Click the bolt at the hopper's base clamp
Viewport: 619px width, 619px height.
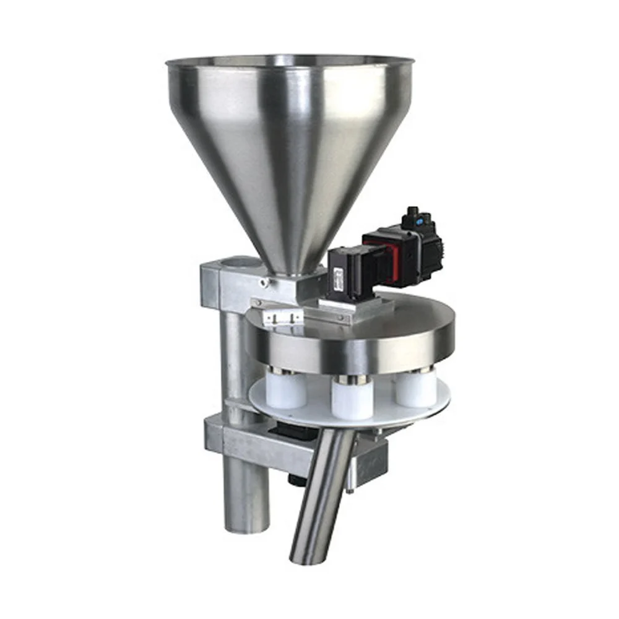pos(264,284)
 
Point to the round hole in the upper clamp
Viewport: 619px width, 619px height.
pos(239,264)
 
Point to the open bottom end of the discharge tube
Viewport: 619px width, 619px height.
pos(306,557)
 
